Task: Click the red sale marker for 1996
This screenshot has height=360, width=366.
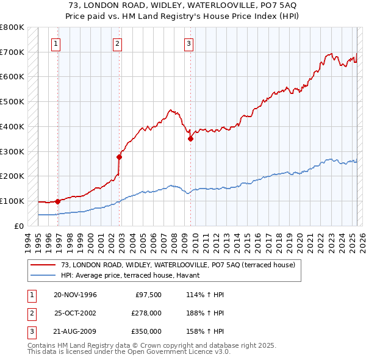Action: click(58, 201)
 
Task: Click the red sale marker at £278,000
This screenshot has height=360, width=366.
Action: click(120, 157)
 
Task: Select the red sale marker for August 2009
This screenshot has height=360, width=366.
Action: click(190, 139)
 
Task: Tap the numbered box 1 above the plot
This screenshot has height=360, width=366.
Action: click(56, 43)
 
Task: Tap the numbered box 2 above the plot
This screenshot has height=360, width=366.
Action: click(117, 43)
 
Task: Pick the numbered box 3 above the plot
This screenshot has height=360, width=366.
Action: click(188, 43)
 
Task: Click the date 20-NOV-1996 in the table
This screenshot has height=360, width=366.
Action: click(75, 295)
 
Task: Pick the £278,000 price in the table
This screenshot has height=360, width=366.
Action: click(146, 313)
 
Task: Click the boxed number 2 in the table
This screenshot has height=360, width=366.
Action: click(30, 313)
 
